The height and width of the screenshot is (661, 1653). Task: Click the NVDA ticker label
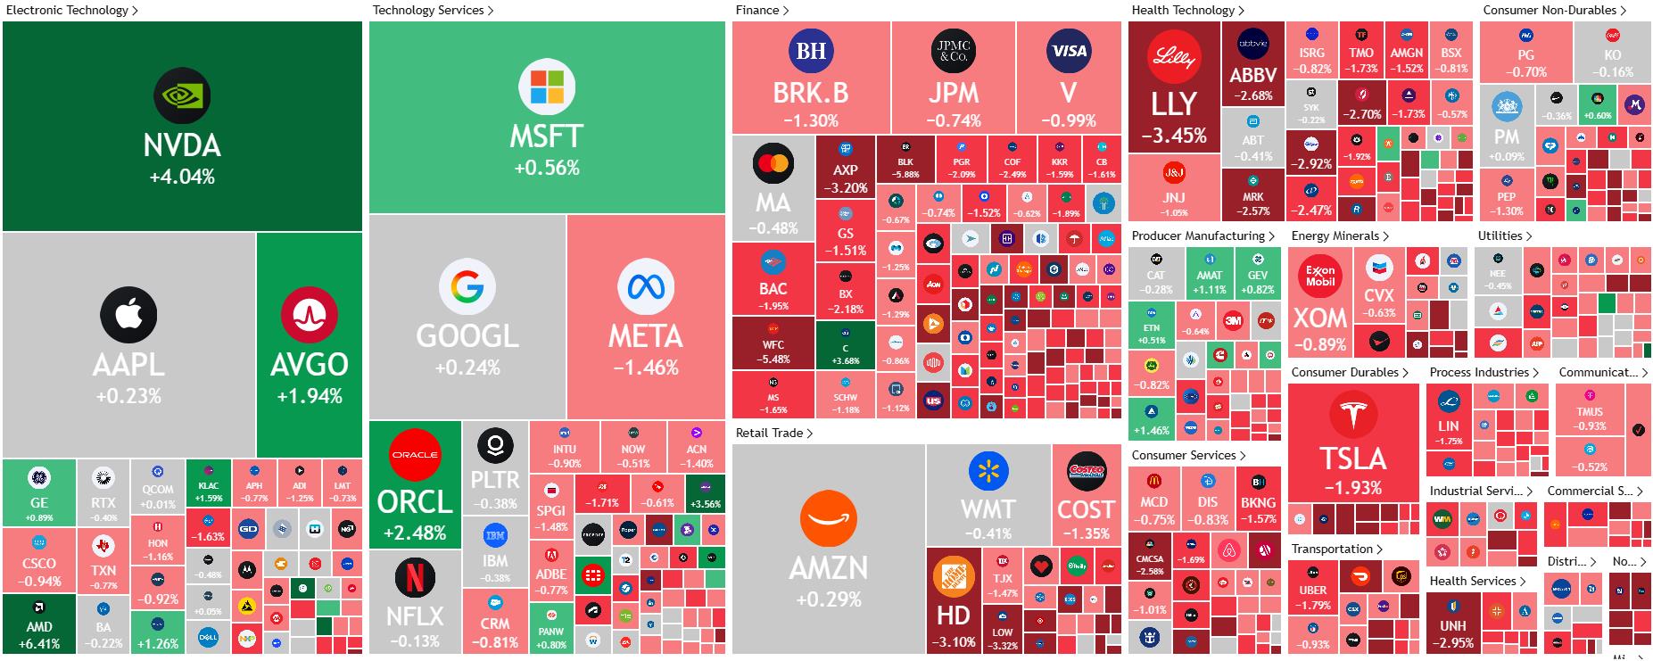182,145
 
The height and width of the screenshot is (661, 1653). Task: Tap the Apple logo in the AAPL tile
128,315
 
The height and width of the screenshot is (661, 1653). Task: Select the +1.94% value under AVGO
310,396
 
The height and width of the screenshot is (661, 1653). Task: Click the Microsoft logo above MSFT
547,87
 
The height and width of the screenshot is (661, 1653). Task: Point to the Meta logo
645,286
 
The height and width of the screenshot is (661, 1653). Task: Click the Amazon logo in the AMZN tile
829,518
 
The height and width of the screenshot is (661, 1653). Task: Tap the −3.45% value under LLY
1173,136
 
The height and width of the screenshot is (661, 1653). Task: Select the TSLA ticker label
1352,459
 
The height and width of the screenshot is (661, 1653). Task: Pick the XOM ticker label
1319,318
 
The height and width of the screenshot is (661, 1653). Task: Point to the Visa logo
1068,51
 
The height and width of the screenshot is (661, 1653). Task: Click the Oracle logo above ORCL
415,454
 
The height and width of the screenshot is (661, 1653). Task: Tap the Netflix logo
415,576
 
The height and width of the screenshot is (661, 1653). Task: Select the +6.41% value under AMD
39,643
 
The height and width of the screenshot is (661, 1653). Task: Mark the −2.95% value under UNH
1453,642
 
